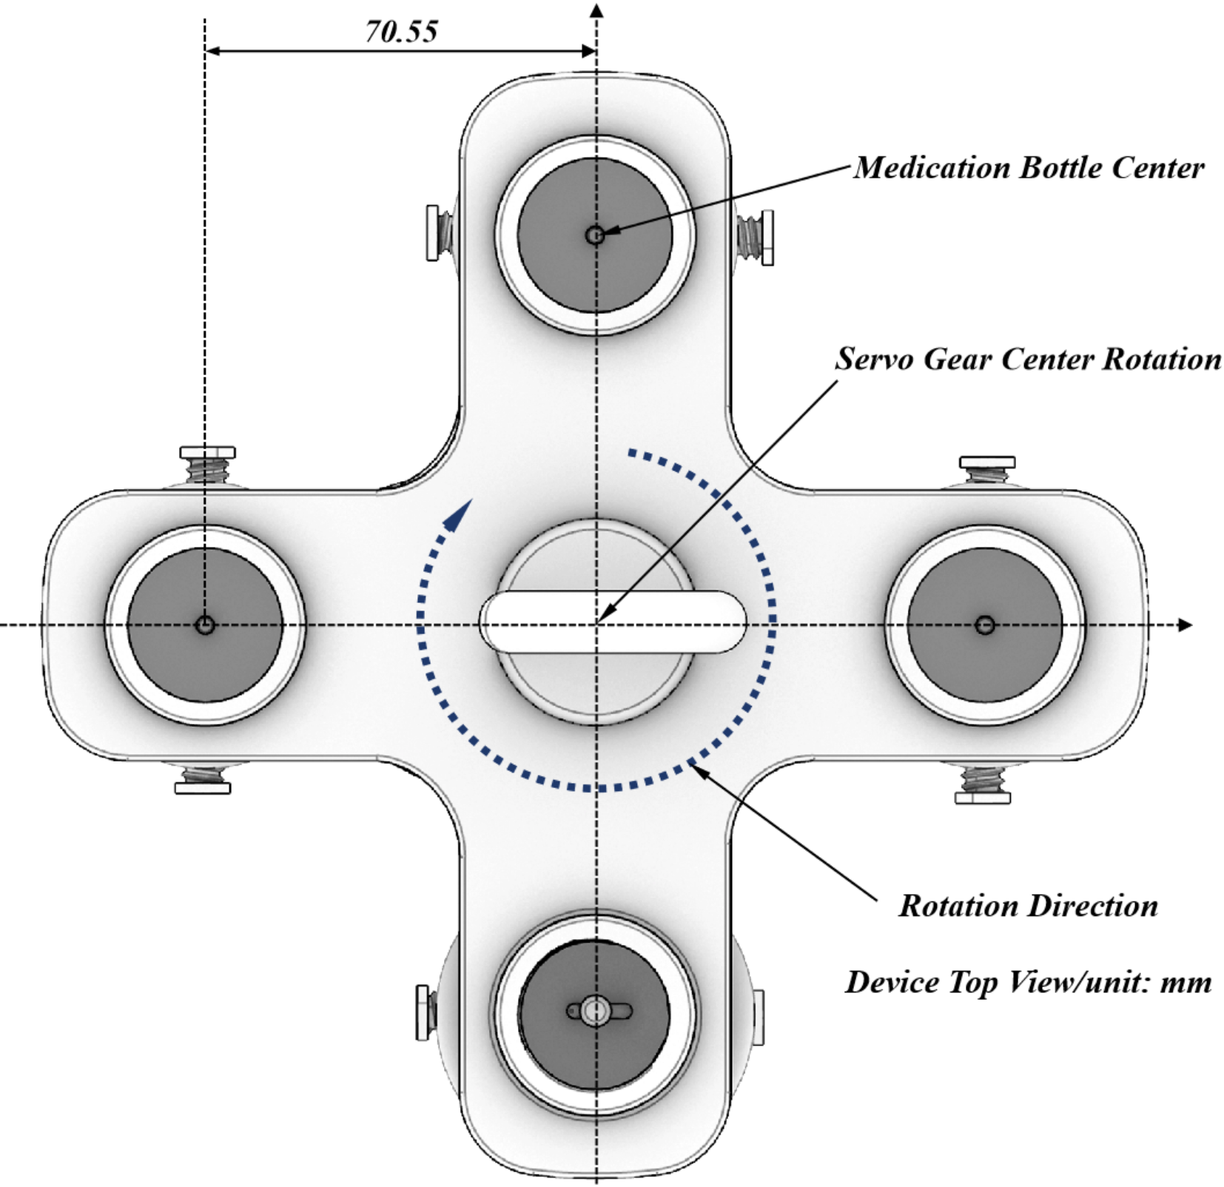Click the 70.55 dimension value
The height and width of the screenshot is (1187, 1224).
[401, 32]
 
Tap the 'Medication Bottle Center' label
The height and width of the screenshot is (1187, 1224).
[1029, 168]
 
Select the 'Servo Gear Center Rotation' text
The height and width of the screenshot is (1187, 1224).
[1028, 360]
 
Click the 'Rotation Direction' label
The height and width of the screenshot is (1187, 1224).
[1028, 906]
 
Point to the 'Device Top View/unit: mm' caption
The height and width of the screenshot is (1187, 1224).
[1028, 982]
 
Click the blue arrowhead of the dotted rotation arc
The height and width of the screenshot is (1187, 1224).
[462, 512]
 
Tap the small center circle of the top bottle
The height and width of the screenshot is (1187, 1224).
[595, 235]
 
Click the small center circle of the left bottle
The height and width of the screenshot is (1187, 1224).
[205, 625]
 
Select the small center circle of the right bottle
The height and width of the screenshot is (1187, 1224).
[984, 625]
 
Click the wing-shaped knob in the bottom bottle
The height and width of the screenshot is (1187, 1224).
[598, 1011]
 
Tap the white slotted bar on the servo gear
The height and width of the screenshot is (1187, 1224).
[613, 621]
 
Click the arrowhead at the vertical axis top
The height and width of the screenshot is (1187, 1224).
[597, 10]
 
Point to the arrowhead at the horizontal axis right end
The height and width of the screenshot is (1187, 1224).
[1185, 625]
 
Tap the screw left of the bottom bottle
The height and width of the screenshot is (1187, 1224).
[426, 1012]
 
